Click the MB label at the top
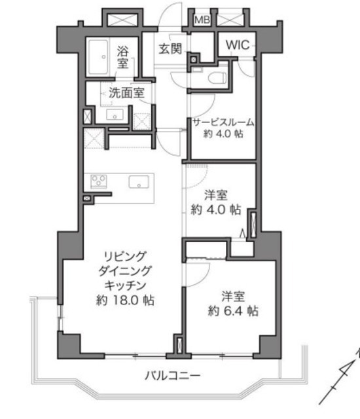coord(202,20)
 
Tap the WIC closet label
coord(237,45)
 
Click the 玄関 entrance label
coord(170,48)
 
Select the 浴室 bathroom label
coord(122,57)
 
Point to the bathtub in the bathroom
coord(99,57)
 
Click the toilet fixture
coord(217,78)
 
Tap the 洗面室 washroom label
coord(126,93)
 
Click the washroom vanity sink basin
coord(115,115)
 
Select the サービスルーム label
coord(223,122)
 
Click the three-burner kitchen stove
coord(99,181)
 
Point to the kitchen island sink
coord(139,182)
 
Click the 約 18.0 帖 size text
coord(125,301)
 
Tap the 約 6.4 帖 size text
coord(233,311)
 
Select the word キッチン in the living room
coord(125,285)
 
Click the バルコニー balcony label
coord(173,376)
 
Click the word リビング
coord(125,256)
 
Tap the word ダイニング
coord(125,271)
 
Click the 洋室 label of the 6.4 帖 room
coord(233,297)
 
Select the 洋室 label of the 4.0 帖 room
coord(216,195)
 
